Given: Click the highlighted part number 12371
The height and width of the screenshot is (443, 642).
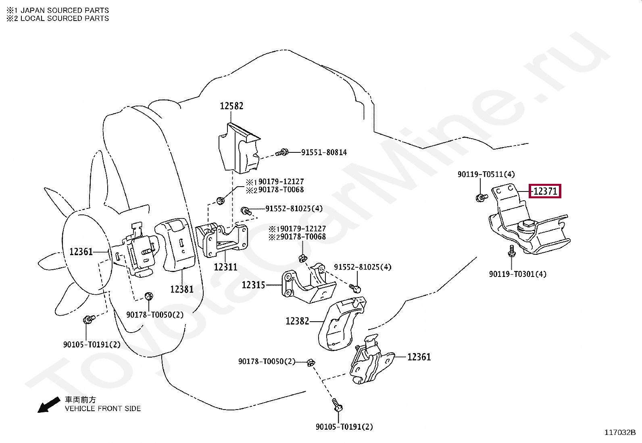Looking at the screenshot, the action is [x=545, y=191].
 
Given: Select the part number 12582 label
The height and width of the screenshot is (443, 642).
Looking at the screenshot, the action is [x=231, y=106].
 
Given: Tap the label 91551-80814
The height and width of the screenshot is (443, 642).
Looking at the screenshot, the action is [x=324, y=152].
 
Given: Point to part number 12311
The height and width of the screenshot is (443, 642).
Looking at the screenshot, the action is [x=225, y=267].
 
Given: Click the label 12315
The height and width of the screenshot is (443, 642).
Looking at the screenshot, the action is [x=253, y=285].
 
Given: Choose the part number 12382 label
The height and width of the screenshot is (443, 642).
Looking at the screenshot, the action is [x=298, y=321].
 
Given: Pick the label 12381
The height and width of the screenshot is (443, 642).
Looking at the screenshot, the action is [x=182, y=289].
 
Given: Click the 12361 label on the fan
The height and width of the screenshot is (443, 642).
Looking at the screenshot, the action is [x=81, y=252].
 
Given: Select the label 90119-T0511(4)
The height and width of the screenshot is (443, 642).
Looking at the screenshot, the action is [x=486, y=174].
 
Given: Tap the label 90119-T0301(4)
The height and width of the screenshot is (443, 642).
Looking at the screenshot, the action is [x=518, y=274].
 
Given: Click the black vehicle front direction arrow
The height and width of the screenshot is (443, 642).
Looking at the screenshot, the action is [x=49, y=405].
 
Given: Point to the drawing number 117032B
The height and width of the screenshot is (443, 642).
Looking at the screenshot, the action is [x=620, y=433].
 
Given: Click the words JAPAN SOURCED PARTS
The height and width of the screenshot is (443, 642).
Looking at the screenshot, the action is [x=65, y=10].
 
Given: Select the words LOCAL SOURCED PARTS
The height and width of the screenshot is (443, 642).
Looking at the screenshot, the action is [x=65, y=18].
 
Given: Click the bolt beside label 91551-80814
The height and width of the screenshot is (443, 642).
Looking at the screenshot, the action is [x=282, y=152].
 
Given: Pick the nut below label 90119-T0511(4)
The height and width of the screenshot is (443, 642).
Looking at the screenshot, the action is [x=481, y=198].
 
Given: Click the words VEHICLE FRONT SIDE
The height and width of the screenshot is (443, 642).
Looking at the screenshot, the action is [x=103, y=409].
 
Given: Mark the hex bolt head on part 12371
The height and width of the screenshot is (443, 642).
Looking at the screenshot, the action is [x=527, y=224].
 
